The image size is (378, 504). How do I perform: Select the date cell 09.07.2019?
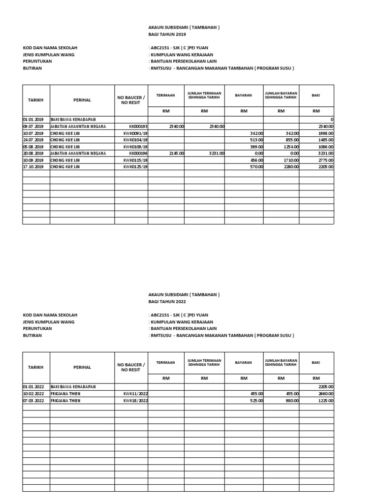coord(33,126)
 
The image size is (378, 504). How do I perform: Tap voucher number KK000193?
coord(138,126)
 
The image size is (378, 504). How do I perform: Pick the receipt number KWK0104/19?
coord(136,140)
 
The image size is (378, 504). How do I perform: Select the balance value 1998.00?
coord(325,133)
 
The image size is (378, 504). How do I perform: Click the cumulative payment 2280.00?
coord(289,167)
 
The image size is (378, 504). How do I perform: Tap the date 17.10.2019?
coord(33,167)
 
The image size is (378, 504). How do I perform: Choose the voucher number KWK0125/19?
coord(136,167)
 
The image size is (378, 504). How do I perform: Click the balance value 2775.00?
coord(325,160)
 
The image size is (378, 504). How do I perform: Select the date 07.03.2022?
coord(33,401)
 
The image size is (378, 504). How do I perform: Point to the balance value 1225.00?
coord(325,401)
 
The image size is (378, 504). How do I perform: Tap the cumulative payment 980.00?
coord(290,401)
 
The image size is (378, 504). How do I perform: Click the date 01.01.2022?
coord(33,387)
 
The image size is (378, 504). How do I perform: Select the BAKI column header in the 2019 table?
coord(316,95)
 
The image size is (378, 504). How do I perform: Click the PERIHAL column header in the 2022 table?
coord(82,367)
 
